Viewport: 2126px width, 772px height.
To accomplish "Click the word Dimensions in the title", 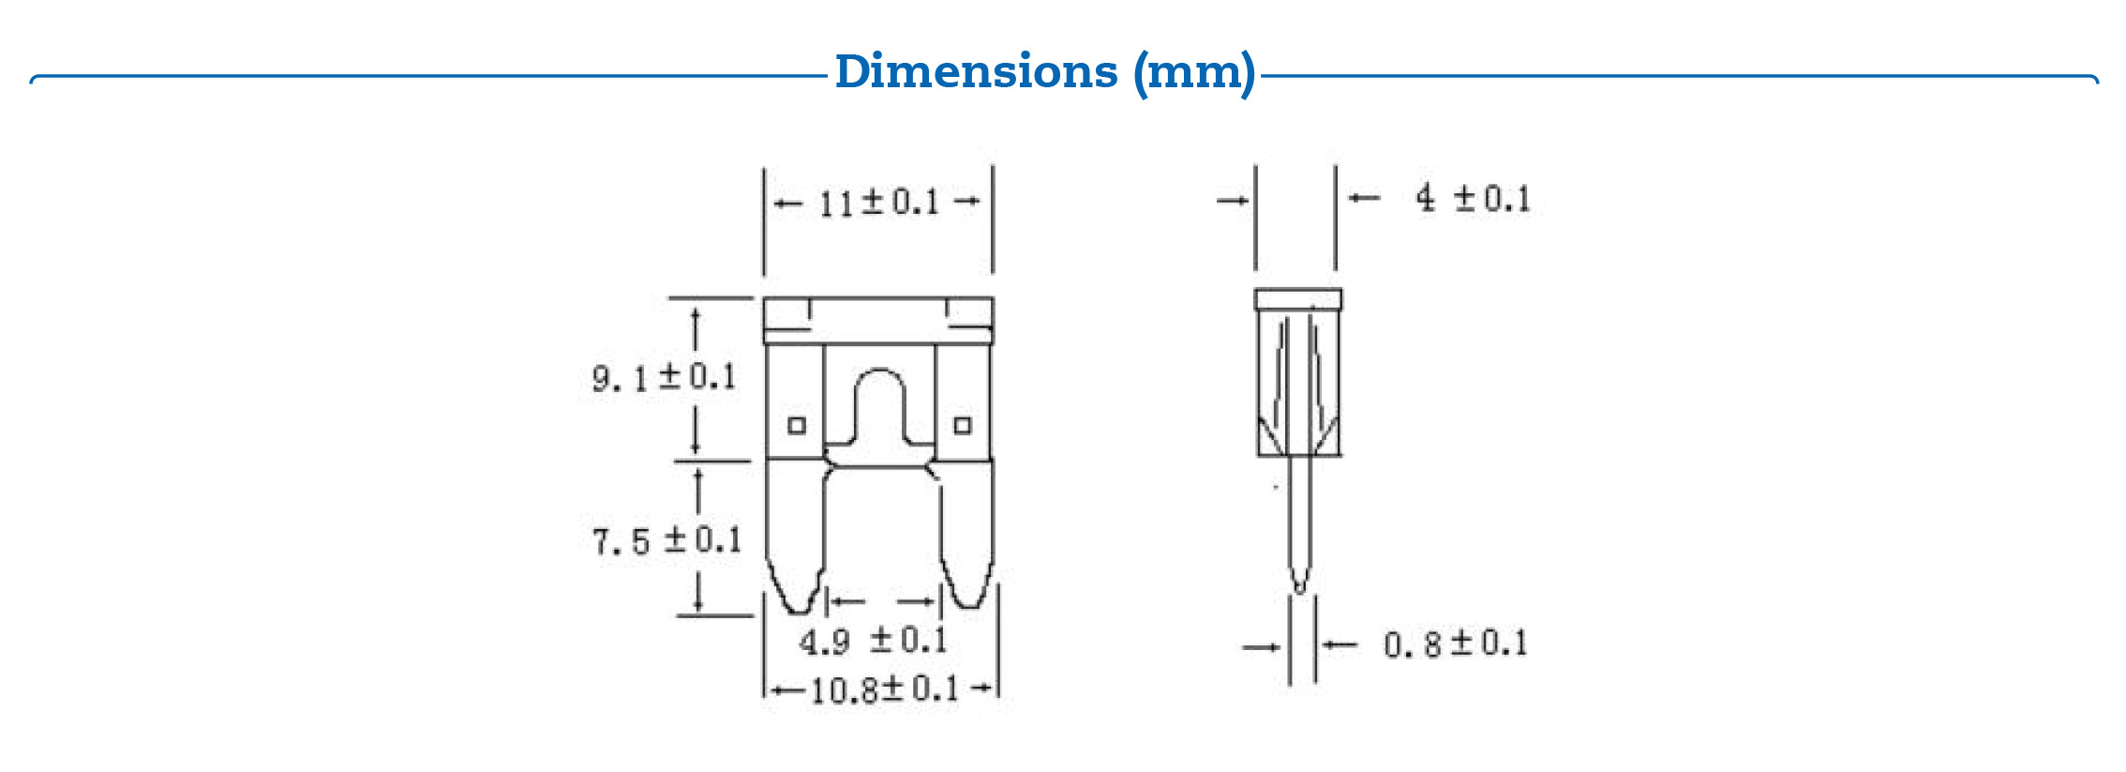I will [976, 72].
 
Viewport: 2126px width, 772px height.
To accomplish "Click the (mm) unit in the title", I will [1193, 73].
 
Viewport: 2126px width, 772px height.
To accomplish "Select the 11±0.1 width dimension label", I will [878, 202].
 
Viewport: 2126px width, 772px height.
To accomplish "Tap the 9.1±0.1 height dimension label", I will [664, 378].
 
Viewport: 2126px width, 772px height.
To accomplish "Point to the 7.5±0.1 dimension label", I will [666, 541].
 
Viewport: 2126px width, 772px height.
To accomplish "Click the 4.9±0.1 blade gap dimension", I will [873, 642].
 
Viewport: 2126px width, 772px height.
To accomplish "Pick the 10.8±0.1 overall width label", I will [884, 690].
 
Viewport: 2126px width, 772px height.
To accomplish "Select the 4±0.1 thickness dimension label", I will [1473, 199].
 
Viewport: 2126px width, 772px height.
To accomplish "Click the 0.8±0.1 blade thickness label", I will [1456, 644].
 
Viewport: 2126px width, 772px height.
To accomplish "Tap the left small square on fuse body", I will [797, 426].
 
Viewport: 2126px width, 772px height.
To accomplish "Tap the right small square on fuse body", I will [963, 426].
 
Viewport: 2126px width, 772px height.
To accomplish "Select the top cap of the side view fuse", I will [1298, 299].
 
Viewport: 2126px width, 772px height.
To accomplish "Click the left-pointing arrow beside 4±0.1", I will [1363, 198].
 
